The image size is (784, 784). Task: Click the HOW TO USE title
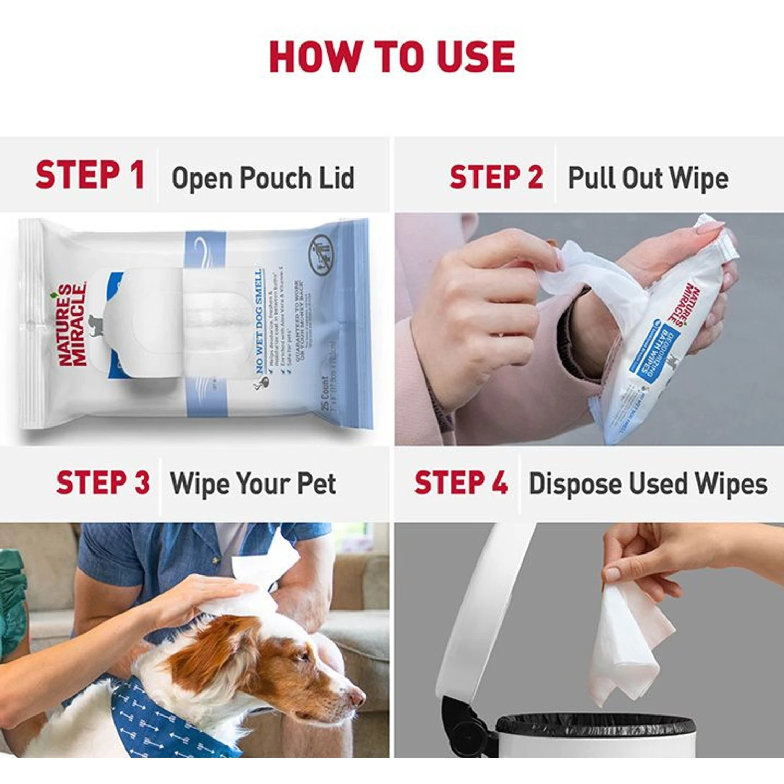[392, 56]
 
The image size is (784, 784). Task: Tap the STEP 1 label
[90, 175]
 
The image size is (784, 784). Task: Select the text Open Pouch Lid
[263, 178]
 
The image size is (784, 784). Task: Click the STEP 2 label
[496, 177]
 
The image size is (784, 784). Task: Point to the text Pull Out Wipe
[648, 178]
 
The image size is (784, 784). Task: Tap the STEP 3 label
[103, 482]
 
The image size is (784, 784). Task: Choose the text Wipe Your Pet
[253, 483]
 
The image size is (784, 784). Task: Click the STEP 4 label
[460, 482]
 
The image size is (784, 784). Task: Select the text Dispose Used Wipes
[648, 483]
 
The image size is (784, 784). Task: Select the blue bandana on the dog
[157, 721]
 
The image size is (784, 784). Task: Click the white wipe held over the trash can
[627, 643]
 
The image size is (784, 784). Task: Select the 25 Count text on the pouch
[325, 393]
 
